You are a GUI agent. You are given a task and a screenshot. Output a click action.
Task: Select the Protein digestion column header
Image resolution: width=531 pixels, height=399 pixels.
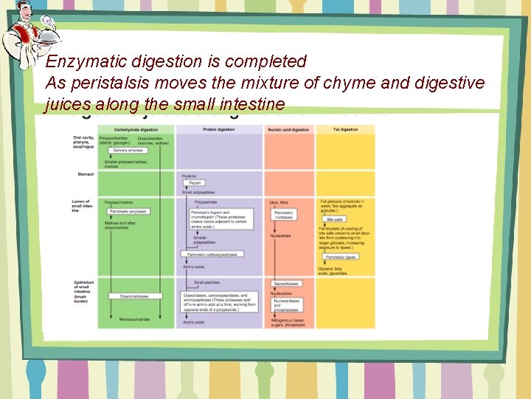pos(219,129)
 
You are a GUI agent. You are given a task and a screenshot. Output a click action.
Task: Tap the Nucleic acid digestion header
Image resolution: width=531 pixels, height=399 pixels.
pos(289,129)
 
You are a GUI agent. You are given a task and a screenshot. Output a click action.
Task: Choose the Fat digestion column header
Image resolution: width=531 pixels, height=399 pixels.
pos(345,129)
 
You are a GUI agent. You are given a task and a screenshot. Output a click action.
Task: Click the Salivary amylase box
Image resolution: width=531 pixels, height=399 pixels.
pos(126,150)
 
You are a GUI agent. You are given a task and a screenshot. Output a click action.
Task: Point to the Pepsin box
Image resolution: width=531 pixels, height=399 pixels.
pos(195,183)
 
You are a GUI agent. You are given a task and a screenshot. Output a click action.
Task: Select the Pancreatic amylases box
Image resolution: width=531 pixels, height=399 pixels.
pos(128,211)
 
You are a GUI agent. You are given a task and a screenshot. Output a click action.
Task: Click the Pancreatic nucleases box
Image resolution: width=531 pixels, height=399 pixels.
pos(284,215)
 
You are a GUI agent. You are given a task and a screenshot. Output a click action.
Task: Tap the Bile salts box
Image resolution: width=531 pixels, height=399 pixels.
pos(335,219)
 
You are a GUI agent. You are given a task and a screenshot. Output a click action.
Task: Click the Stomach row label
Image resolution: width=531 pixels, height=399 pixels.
pos(85,174)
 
